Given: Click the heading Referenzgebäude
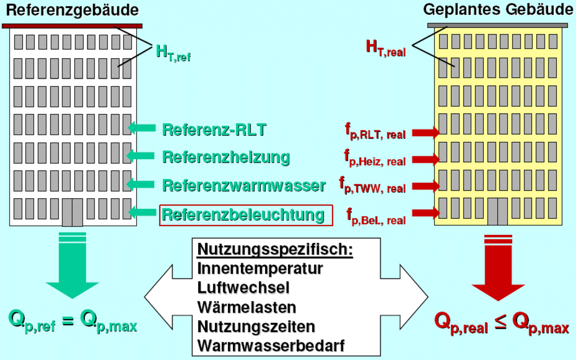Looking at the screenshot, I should click(x=72, y=10).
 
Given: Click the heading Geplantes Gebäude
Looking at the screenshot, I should click(x=500, y=10).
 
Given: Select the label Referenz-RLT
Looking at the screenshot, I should click(x=214, y=130).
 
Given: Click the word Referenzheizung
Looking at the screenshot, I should click(x=226, y=157).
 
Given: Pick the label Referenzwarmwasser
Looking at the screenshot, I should click(x=244, y=185).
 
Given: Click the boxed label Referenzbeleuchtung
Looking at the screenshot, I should click(x=245, y=215).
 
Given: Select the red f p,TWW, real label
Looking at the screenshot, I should click(x=372, y=185).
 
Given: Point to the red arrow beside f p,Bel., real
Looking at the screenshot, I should click(x=426, y=213).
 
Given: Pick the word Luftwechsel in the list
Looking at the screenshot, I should click(x=243, y=288).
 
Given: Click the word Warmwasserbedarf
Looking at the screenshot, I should click(x=271, y=346).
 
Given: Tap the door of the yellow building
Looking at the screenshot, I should click(x=497, y=211).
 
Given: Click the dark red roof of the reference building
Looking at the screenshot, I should click(x=72, y=26).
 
